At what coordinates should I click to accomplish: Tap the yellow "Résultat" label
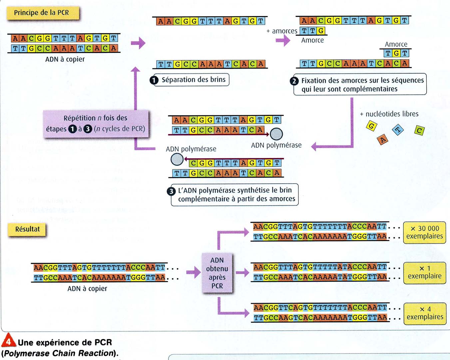pos(27,229)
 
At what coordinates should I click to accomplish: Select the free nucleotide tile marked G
pos(371,126)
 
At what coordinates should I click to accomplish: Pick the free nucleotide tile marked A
pos(383,139)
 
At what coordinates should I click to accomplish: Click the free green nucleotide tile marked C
pos(419,130)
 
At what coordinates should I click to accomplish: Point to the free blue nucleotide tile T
pos(398,129)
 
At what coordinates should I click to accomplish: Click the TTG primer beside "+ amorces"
pos(313,31)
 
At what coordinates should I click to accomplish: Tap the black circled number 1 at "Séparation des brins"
pos(154,80)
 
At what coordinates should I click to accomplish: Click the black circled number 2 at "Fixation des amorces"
pos(294,81)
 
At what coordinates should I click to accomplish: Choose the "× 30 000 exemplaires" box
pos(424,232)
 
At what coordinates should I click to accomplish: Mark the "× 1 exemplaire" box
pos(424,273)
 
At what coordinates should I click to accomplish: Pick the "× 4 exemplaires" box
pos(425,313)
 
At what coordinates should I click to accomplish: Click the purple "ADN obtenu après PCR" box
pos(217,273)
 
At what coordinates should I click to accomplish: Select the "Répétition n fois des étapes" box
pos(96,124)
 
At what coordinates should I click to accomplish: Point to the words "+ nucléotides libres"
pos(389,114)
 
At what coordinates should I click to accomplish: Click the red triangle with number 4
pos(8,340)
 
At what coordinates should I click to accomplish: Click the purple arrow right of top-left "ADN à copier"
pos(138,43)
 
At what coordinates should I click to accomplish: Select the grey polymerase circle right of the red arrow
pos(276,134)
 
